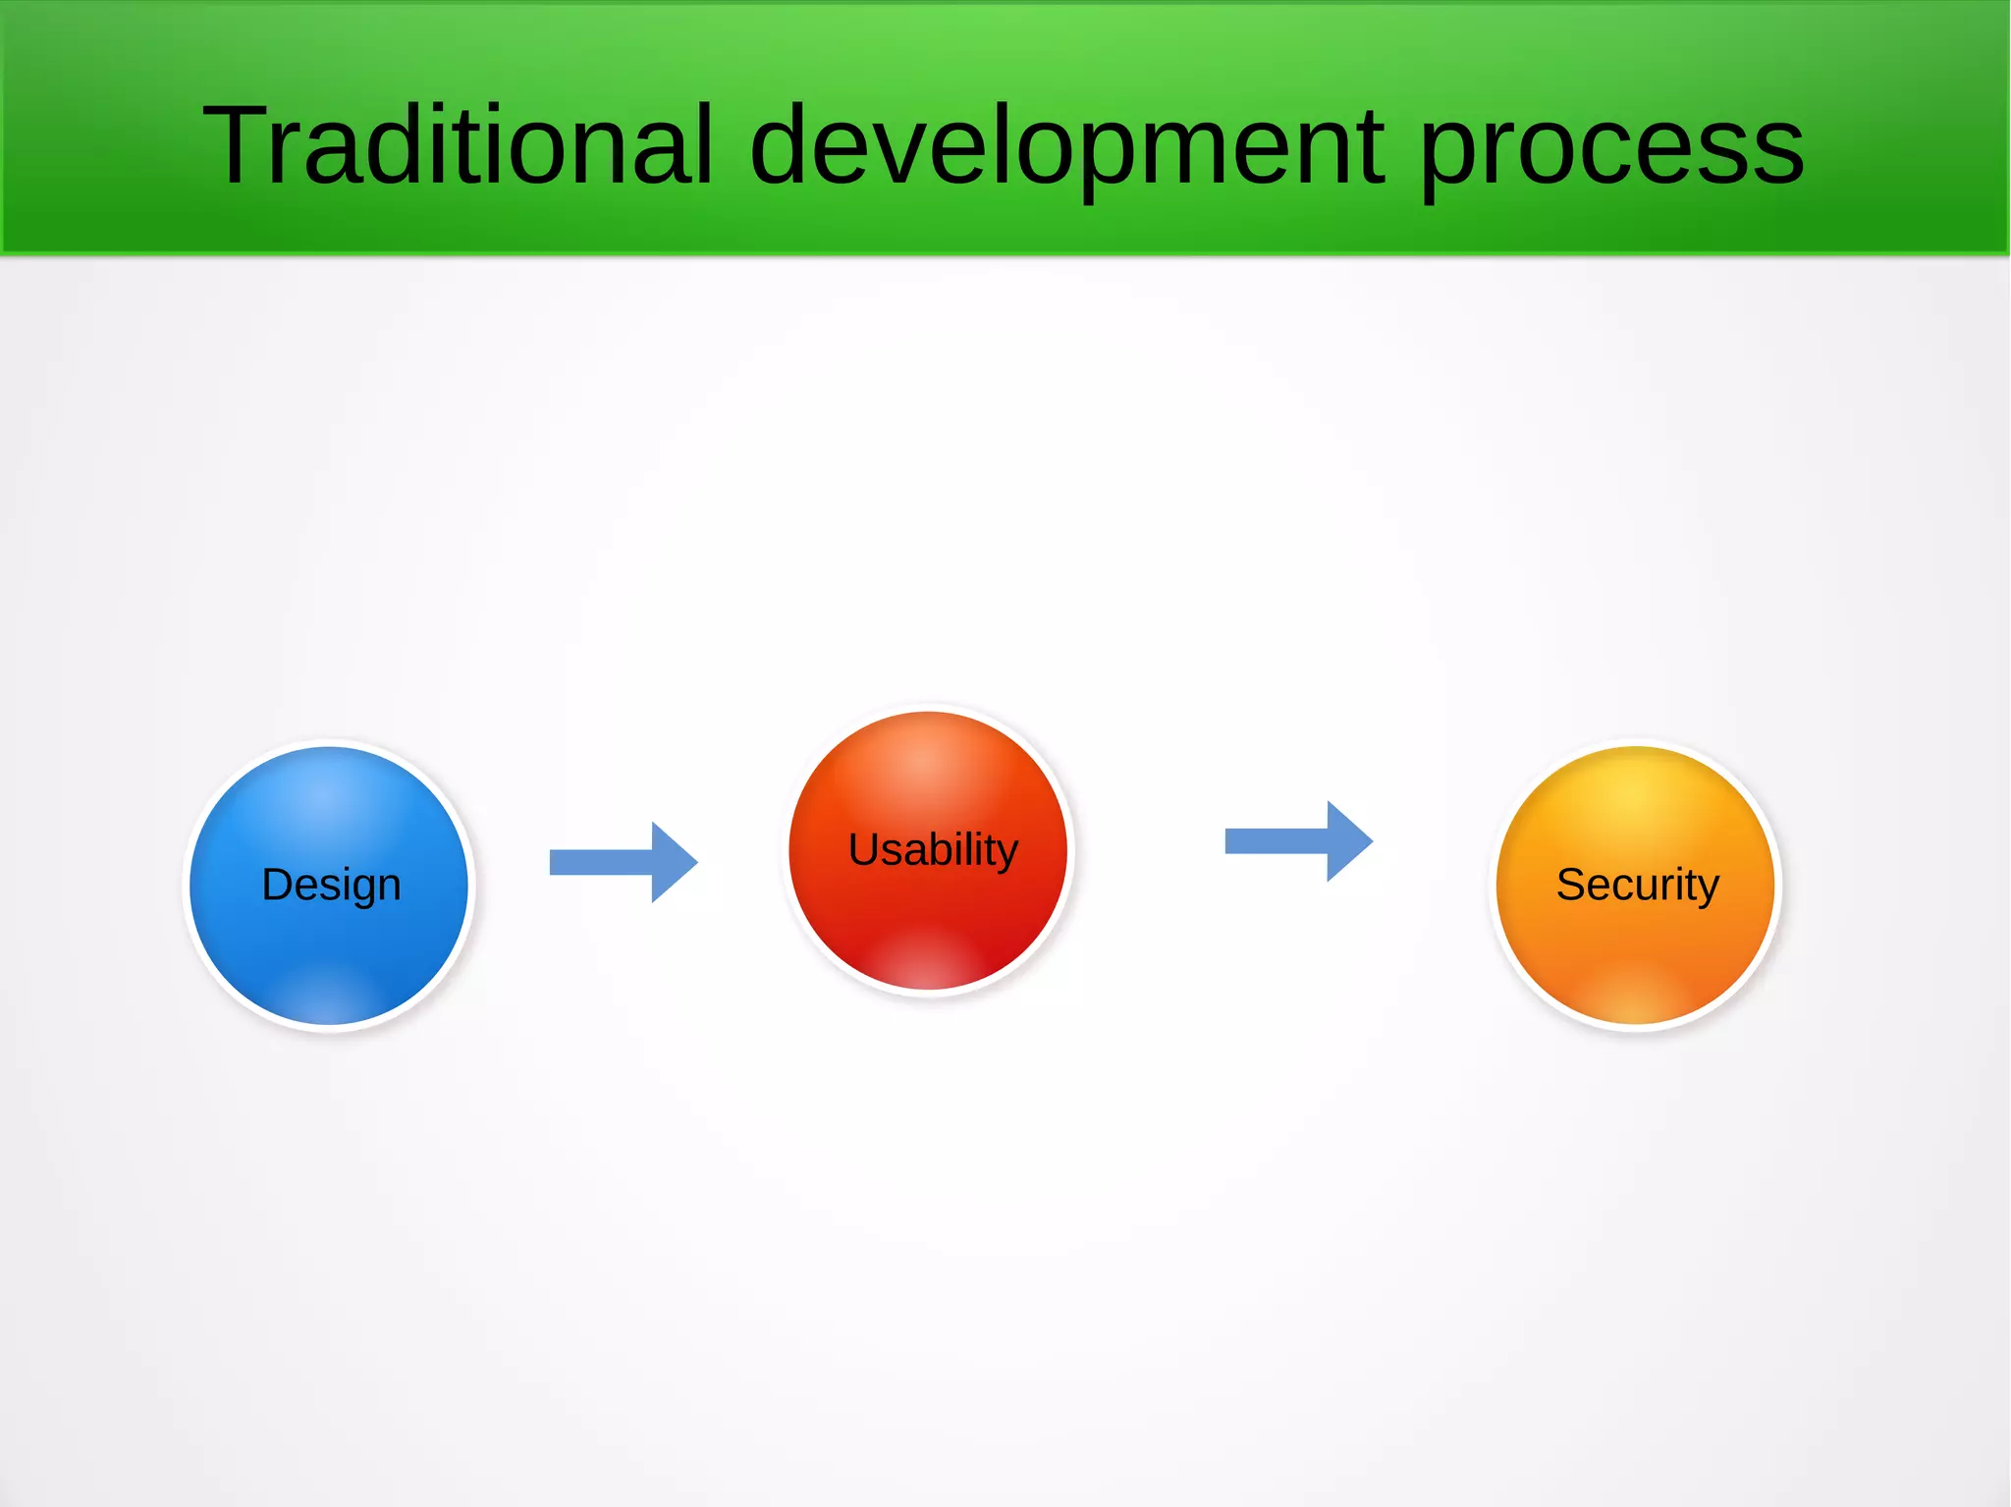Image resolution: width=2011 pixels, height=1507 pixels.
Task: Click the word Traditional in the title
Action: click(457, 145)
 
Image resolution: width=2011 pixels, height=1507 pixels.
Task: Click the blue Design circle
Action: click(329, 942)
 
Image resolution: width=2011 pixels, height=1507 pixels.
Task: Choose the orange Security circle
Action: click(1635, 942)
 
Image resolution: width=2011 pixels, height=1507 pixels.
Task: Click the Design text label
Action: click(331, 885)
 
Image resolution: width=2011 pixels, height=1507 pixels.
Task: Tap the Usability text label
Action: click(933, 849)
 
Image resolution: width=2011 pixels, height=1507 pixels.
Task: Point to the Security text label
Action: click(1638, 885)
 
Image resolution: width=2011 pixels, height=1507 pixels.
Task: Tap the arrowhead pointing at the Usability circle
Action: click(674, 862)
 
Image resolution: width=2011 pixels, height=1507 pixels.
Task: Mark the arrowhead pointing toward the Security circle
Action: click(1349, 841)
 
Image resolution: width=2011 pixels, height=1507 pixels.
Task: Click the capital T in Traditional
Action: click(235, 145)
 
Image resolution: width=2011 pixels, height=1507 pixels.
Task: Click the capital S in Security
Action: click(1572, 885)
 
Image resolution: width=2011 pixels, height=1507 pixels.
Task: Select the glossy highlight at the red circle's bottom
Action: click(928, 962)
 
